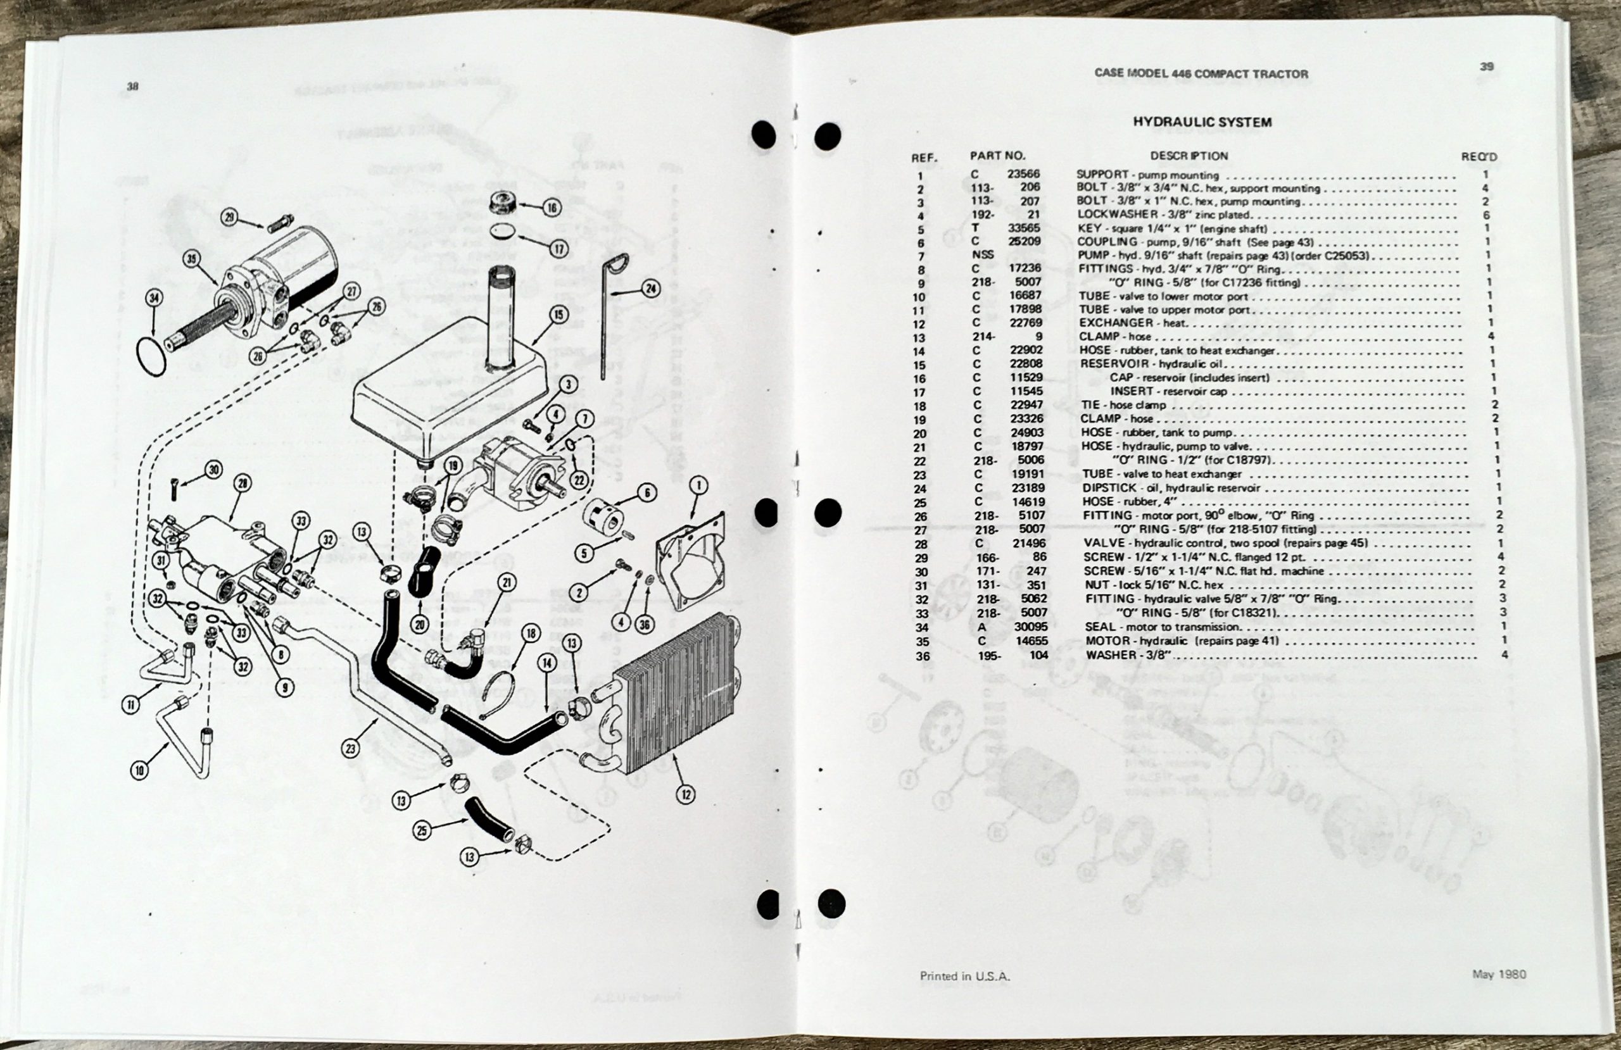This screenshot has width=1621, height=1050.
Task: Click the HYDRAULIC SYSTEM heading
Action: (1202, 123)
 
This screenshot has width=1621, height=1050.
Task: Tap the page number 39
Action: (1487, 66)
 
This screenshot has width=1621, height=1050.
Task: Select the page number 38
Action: (132, 87)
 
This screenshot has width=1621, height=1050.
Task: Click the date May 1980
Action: (1498, 974)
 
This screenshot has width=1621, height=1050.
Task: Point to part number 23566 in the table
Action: (1023, 173)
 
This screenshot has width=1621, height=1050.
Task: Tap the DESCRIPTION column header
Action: (1189, 156)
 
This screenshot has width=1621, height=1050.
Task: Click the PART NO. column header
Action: (997, 155)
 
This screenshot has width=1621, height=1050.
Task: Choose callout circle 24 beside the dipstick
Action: (651, 288)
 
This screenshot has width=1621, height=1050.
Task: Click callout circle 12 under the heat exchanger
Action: (685, 794)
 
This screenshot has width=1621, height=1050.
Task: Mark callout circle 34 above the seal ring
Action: (155, 298)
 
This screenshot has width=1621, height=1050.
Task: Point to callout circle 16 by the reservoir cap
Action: (551, 208)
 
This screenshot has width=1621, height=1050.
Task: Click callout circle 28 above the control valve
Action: (242, 484)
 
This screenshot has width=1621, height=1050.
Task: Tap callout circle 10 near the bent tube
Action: (140, 770)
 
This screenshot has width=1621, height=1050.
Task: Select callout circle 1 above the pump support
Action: (698, 485)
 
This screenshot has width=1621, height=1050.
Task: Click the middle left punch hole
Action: (767, 512)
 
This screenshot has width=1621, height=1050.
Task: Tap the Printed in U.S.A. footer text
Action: (964, 976)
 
